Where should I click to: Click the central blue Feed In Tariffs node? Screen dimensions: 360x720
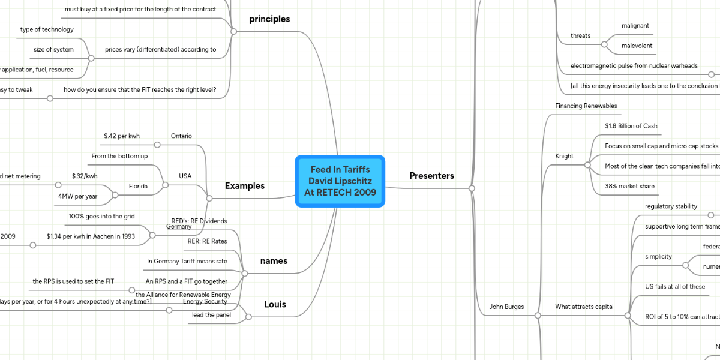(x=340, y=181)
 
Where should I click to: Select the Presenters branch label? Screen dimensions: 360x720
(x=431, y=176)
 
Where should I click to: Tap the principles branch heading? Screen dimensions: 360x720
(x=269, y=19)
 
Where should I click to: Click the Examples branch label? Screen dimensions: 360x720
(x=245, y=186)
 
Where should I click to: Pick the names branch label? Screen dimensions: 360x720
(x=274, y=261)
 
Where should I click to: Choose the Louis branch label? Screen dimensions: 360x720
(x=275, y=304)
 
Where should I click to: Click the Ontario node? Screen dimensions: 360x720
(x=181, y=136)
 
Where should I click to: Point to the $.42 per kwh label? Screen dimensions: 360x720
(x=122, y=136)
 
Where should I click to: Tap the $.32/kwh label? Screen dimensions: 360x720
(x=85, y=176)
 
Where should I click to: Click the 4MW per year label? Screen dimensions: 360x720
(x=78, y=196)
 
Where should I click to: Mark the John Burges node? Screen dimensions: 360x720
(x=507, y=307)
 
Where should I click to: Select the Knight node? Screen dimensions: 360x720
(x=565, y=156)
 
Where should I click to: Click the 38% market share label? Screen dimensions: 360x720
(x=630, y=186)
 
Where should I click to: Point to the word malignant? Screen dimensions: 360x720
(x=635, y=25)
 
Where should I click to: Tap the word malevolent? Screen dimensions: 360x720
(x=637, y=46)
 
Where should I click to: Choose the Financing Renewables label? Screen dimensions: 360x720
(x=586, y=106)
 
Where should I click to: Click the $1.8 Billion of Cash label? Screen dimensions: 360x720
(x=631, y=126)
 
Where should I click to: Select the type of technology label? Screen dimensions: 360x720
(x=47, y=29)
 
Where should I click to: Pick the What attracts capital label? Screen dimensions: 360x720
(x=584, y=307)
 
